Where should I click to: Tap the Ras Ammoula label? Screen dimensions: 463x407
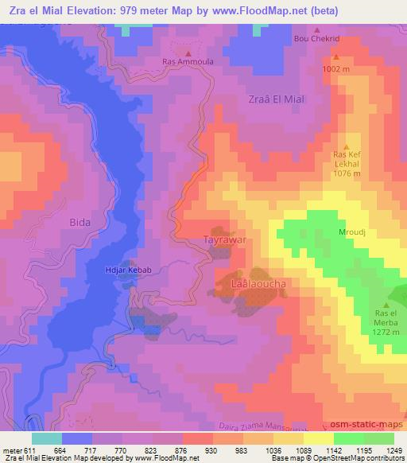pyautogui.click(x=188, y=60)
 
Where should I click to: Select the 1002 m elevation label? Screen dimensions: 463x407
pyautogui.click(x=336, y=69)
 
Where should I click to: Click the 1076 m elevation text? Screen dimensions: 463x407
pyautogui.click(x=347, y=173)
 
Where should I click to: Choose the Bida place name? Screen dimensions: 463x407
pyautogui.click(x=80, y=222)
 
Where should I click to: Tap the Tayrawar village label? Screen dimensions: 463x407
pyautogui.click(x=223, y=239)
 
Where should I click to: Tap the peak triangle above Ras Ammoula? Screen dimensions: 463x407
pyautogui.click(x=188, y=53)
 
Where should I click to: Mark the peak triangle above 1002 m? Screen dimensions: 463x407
pyautogui.click(x=336, y=57)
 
